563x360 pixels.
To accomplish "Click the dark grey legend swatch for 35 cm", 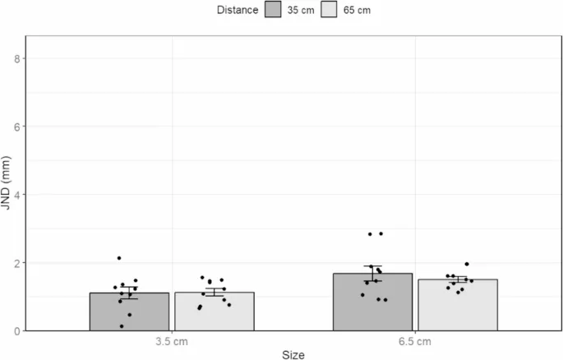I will point(275,11).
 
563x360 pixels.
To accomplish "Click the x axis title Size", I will point(293,354).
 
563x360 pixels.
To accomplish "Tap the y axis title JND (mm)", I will point(7,183).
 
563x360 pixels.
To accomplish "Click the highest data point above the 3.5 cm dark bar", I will point(119,258).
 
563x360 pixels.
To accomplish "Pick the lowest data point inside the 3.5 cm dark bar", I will point(122,326).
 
